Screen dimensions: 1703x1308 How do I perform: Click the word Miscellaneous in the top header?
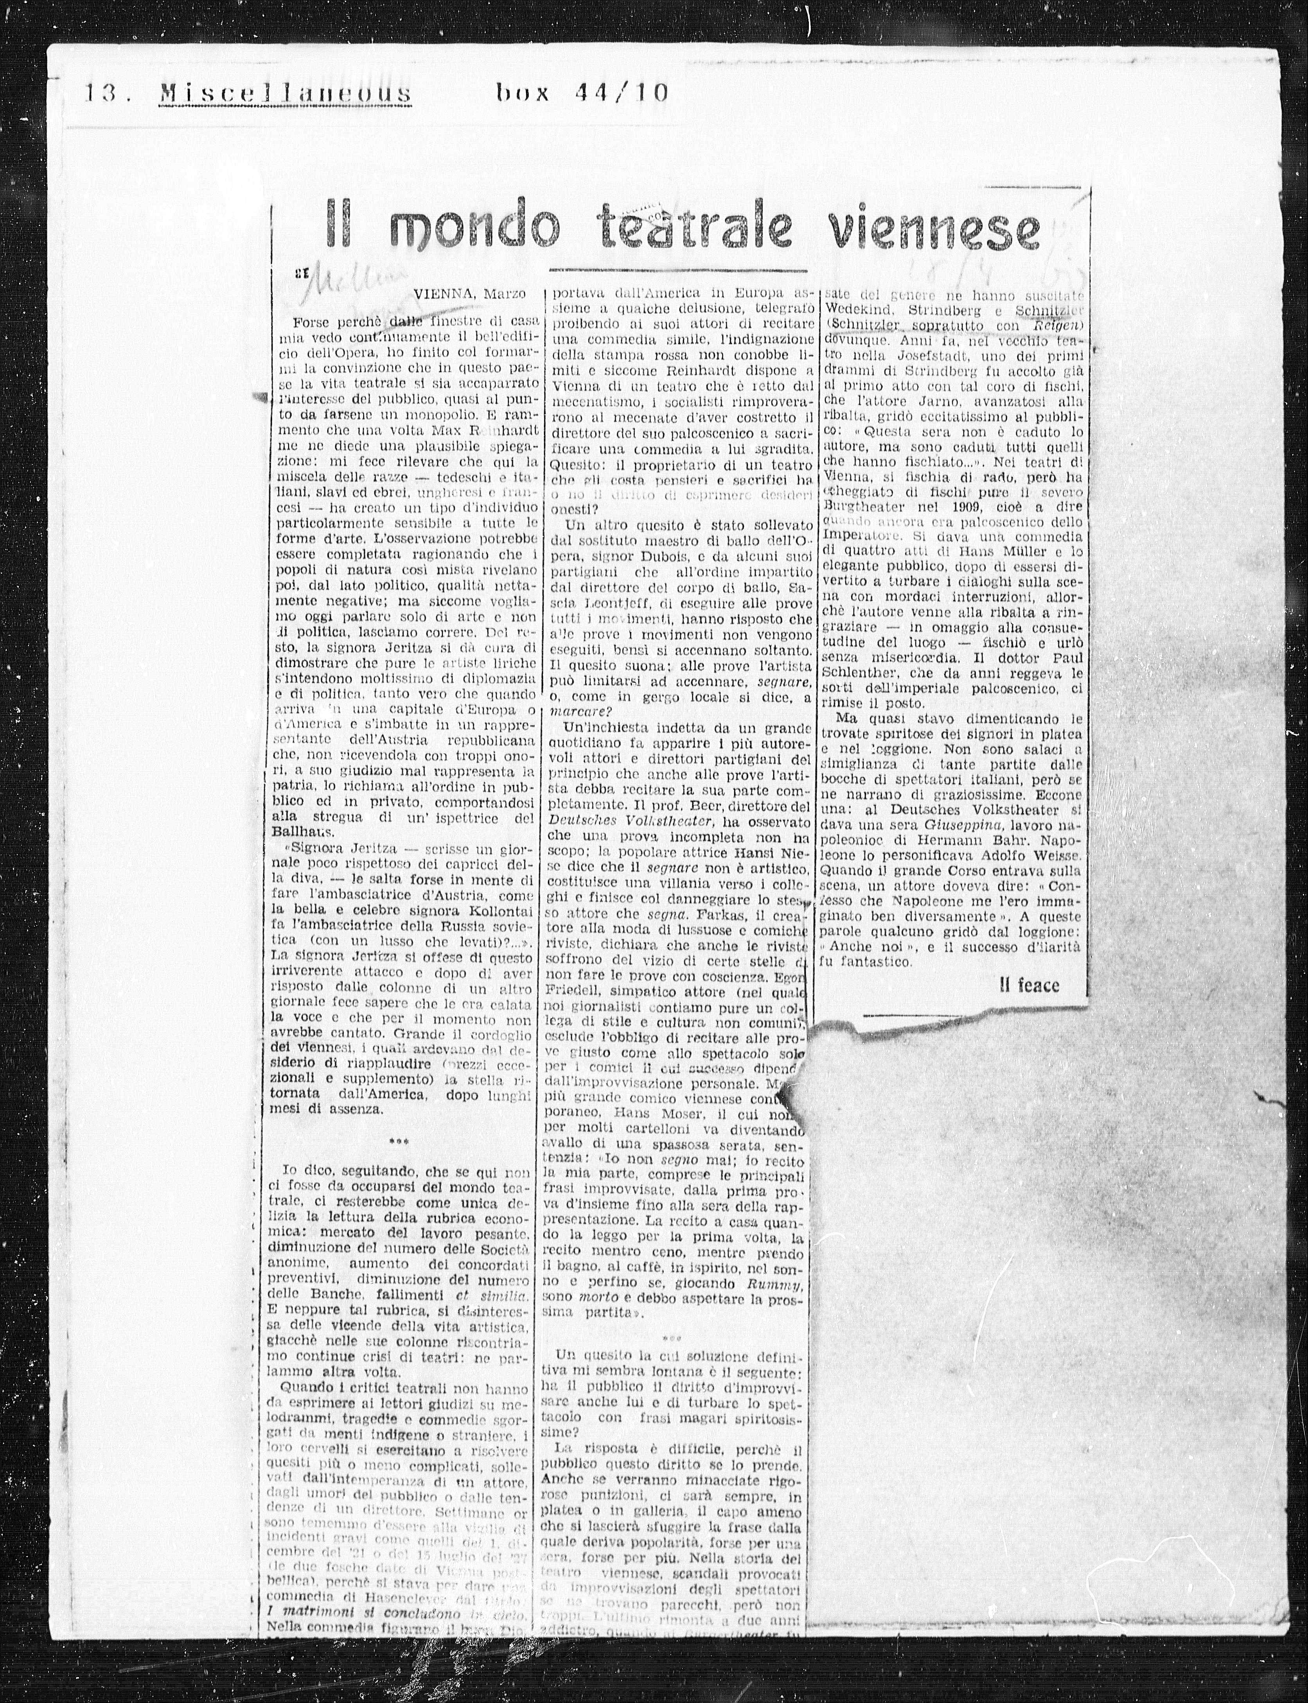(x=285, y=94)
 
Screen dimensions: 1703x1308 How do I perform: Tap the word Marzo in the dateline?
(x=505, y=294)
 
